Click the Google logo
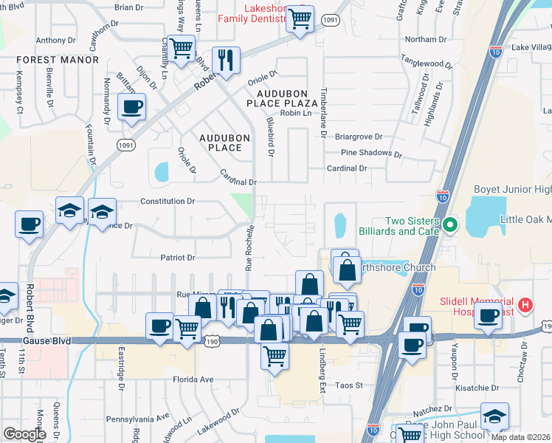pyautogui.click(x=24, y=434)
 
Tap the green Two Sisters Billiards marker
pyautogui.click(x=450, y=224)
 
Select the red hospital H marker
pyautogui.click(x=525, y=304)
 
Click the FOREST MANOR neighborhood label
pyautogui.click(x=57, y=60)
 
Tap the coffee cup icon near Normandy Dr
pyautogui.click(x=131, y=106)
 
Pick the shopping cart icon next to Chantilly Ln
pyautogui.click(x=181, y=49)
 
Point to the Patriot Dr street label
pyautogui.click(x=178, y=258)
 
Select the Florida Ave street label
pyautogui.click(x=193, y=380)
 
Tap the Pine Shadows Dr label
pyautogui.click(x=371, y=154)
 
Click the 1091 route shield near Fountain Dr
pyautogui.click(x=126, y=146)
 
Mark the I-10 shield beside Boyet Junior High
pyautogui.click(x=442, y=196)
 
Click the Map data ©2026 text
pyautogui.click(x=521, y=436)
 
